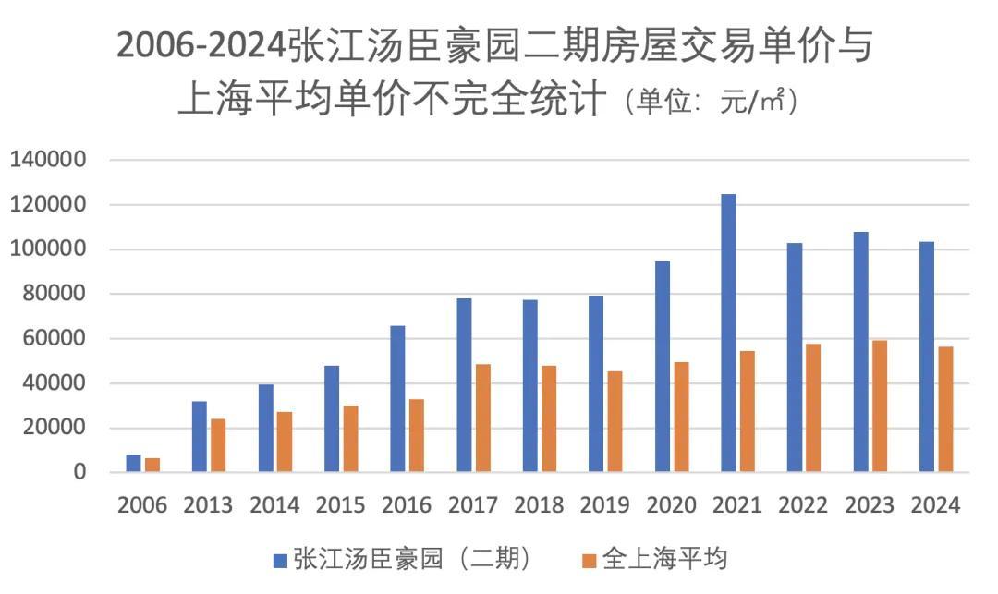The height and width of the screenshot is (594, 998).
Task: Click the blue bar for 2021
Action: point(728,333)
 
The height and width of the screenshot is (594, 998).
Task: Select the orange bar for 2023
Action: point(879,406)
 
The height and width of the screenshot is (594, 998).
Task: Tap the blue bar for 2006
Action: point(134,463)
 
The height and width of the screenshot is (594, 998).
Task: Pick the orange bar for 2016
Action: point(417,435)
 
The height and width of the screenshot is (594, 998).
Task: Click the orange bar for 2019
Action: point(615,421)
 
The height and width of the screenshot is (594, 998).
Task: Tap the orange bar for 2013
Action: point(218,445)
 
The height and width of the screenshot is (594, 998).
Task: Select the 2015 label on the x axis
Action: point(341,505)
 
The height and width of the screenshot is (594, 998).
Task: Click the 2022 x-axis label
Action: point(803,505)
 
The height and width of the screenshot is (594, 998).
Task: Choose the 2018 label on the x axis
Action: point(539,505)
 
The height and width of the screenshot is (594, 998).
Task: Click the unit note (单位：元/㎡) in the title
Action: point(711,101)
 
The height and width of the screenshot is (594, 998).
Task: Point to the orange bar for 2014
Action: point(285,442)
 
